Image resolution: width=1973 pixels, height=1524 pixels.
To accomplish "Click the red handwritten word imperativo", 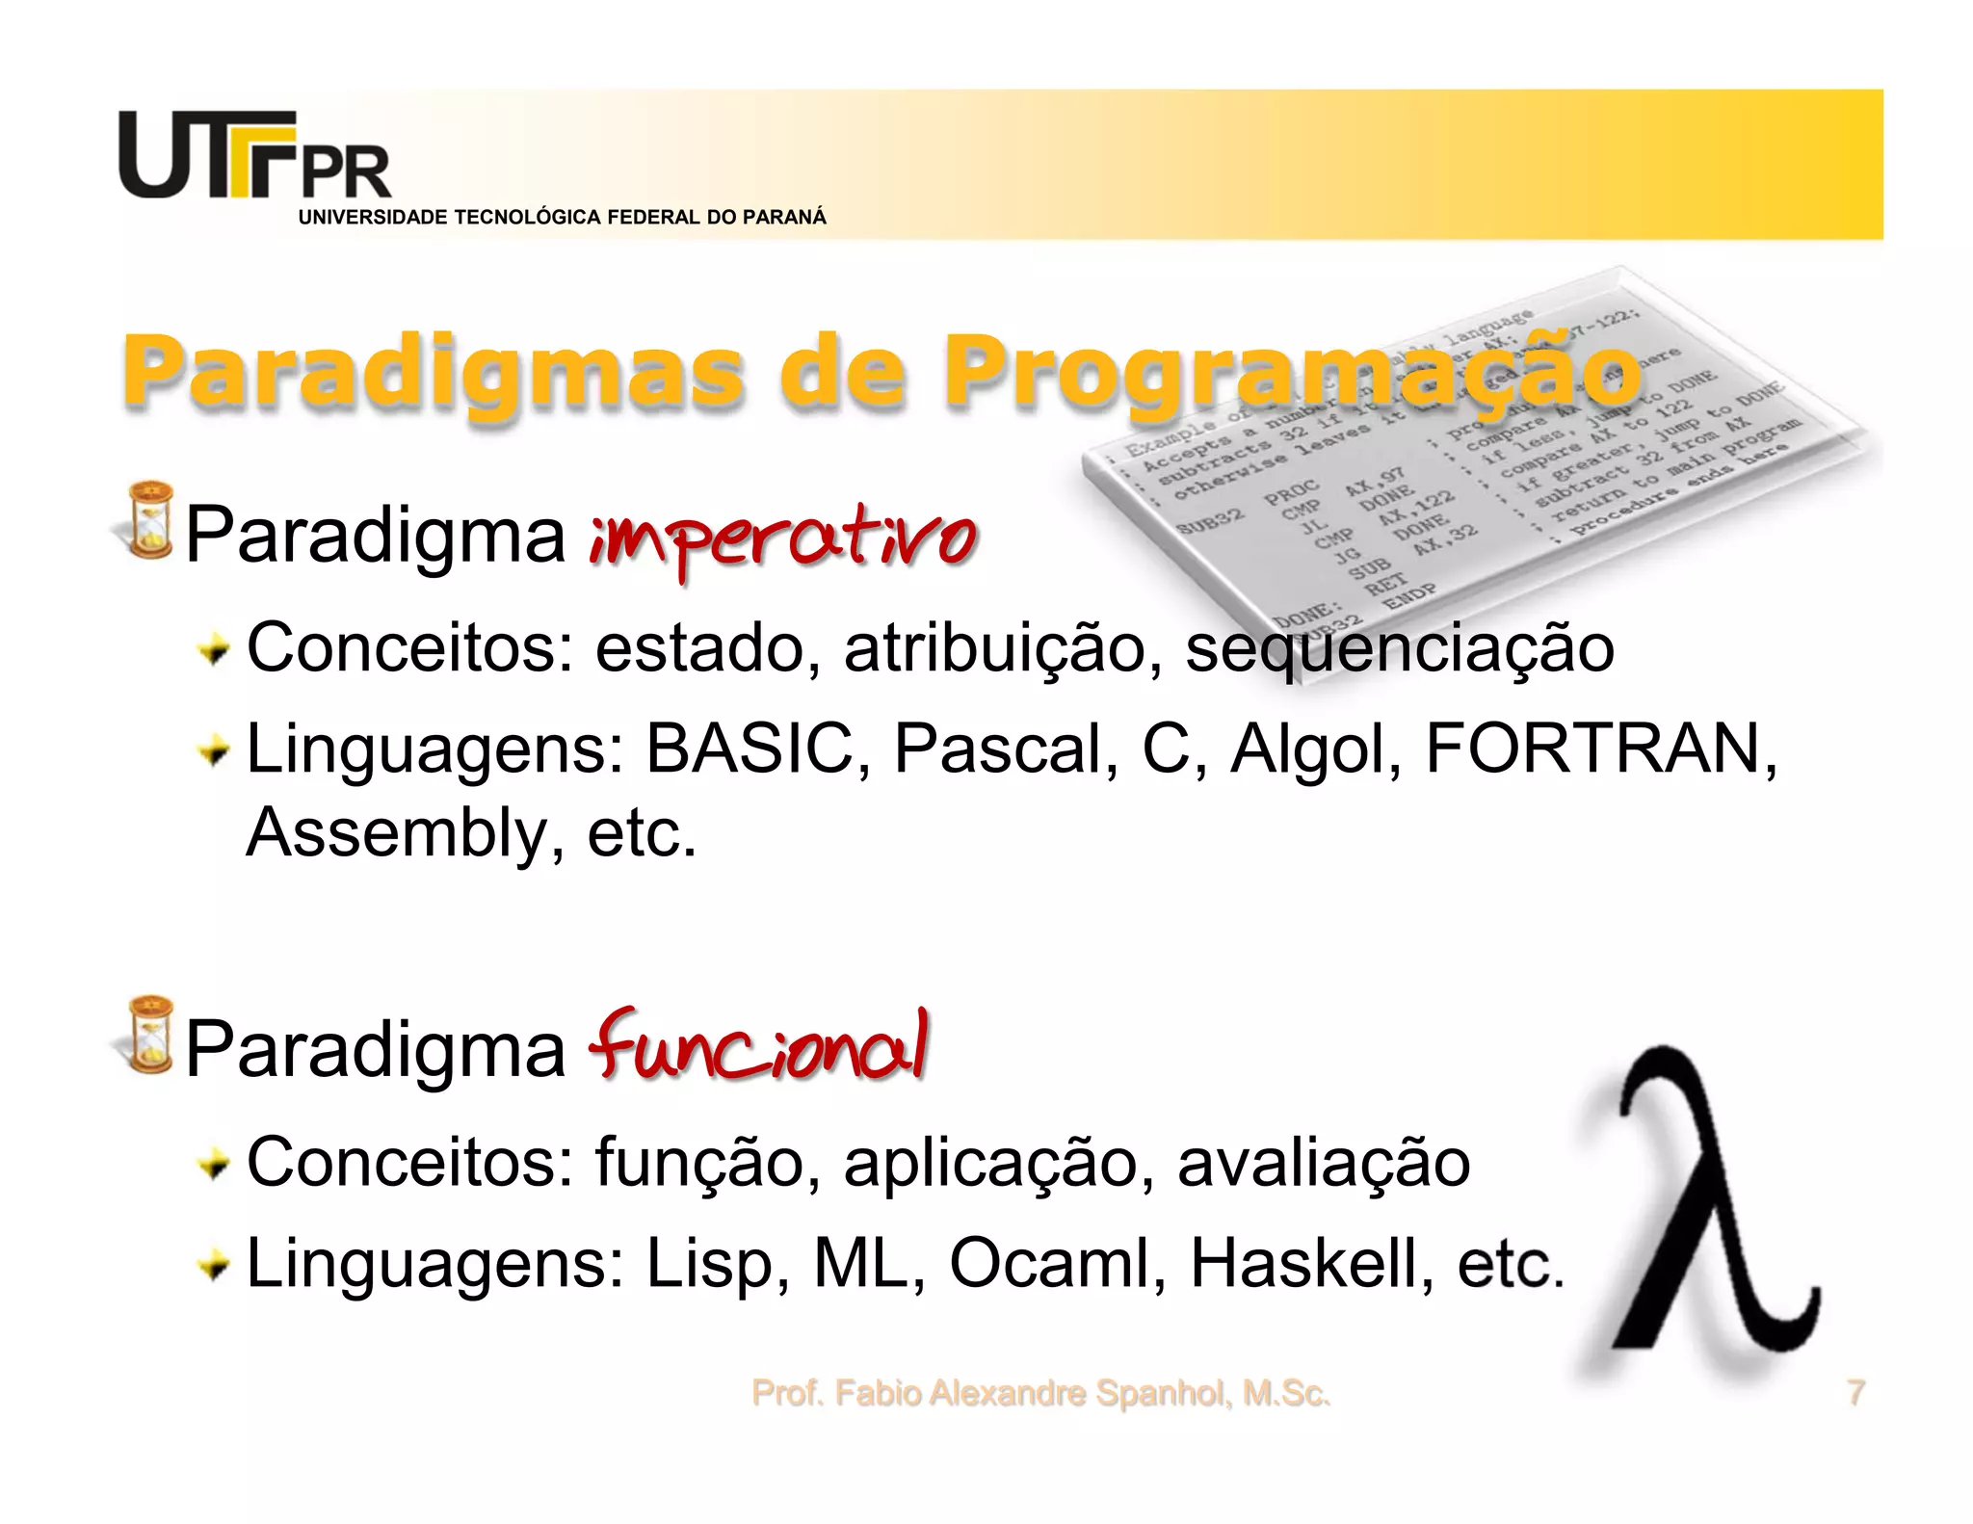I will [x=783, y=539].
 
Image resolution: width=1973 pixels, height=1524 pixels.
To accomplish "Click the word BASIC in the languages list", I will [x=750, y=749].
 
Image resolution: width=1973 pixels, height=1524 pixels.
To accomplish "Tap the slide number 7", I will [x=1855, y=1393].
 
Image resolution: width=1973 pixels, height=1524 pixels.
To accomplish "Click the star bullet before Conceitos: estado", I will [x=214, y=652].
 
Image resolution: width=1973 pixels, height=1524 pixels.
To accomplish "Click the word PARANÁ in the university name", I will [x=784, y=218].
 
